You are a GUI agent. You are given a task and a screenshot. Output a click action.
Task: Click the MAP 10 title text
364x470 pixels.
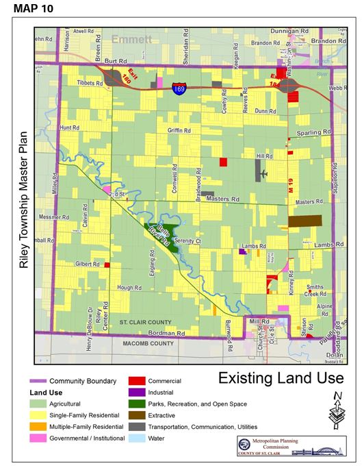coord(31,9)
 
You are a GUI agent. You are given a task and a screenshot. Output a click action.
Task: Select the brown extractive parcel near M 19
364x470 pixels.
coord(304,221)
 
